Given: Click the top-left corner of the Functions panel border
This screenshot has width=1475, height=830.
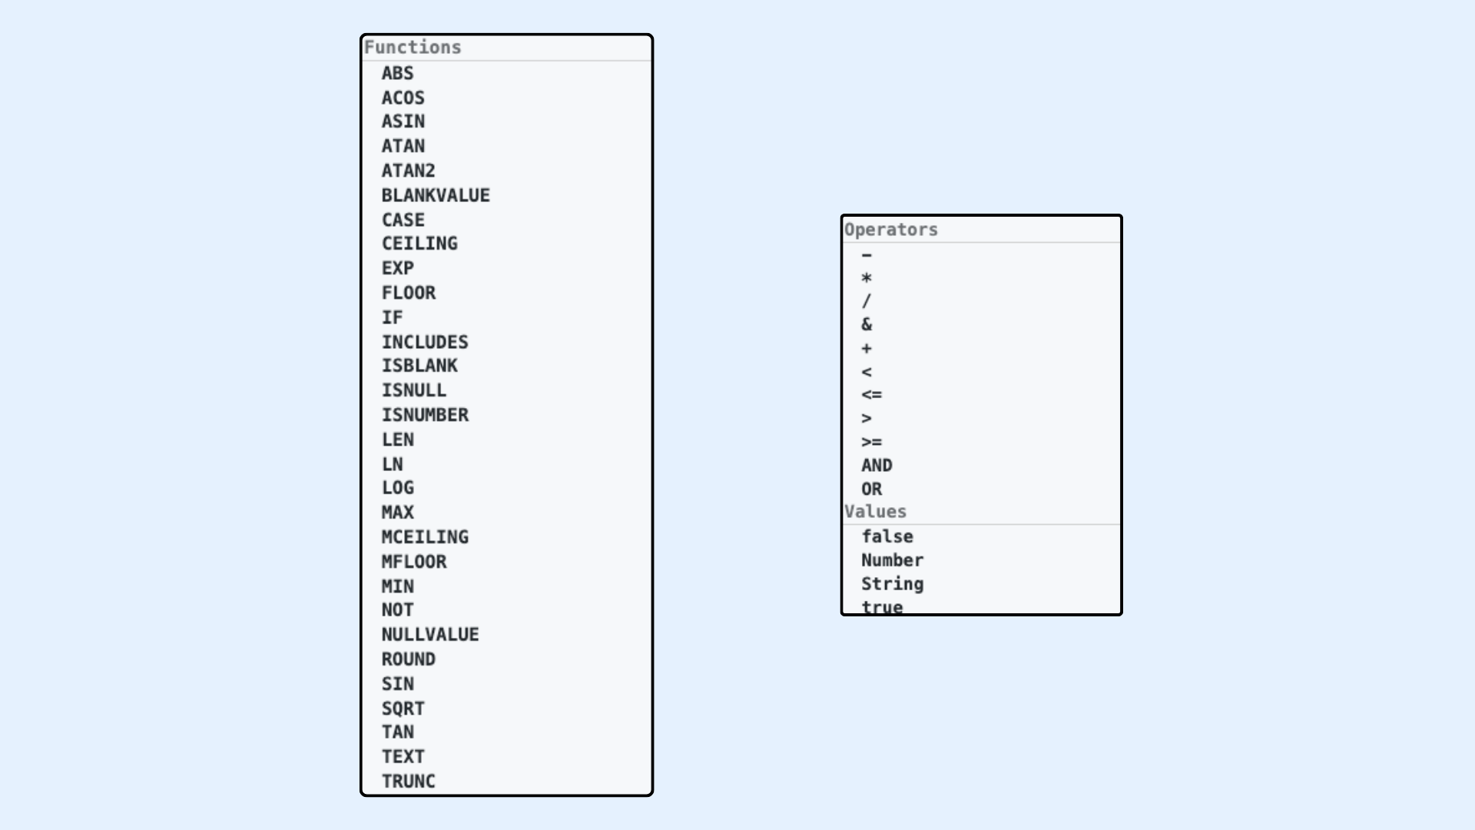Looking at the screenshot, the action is click(x=361, y=35).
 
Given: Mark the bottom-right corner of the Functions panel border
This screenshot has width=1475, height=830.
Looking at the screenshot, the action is click(x=652, y=795).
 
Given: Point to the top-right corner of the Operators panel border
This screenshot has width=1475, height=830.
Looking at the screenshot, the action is click(x=1122, y=215).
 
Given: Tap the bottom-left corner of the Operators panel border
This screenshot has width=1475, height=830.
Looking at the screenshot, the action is click(x=842, y=615).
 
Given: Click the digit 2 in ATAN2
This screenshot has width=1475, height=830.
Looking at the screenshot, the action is click(x=430, y=171).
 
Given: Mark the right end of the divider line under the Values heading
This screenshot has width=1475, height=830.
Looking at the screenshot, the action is click(x=1120, y=525).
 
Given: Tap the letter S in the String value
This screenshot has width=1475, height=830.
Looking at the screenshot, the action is click(x=867, y=584).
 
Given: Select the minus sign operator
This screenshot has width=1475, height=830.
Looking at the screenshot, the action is click(x=867, y=255).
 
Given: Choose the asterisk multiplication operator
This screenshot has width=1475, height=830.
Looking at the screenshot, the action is click(x=867, y=278).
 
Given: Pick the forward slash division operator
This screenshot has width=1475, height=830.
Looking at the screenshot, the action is click(x=867, y=301).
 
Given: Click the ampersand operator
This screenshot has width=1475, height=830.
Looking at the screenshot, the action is click(x=867, y=324).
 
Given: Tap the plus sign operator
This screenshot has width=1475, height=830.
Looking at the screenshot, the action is click(x=867, y=349).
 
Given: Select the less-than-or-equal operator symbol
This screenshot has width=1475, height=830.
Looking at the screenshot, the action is click(x=872, y=395).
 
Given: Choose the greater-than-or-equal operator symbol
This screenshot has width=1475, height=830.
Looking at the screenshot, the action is click(x=872, y=442).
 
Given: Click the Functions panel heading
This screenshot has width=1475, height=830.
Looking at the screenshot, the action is click(x=413, y=47).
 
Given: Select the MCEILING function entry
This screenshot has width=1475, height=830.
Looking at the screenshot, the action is click(x=425, y=537).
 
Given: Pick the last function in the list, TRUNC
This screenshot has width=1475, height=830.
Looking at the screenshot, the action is click(x=409, y=782).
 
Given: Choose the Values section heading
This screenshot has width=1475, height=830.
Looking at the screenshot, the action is click(x=876, y=512).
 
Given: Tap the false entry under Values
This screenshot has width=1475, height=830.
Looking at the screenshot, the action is click(x=887, y=536).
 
